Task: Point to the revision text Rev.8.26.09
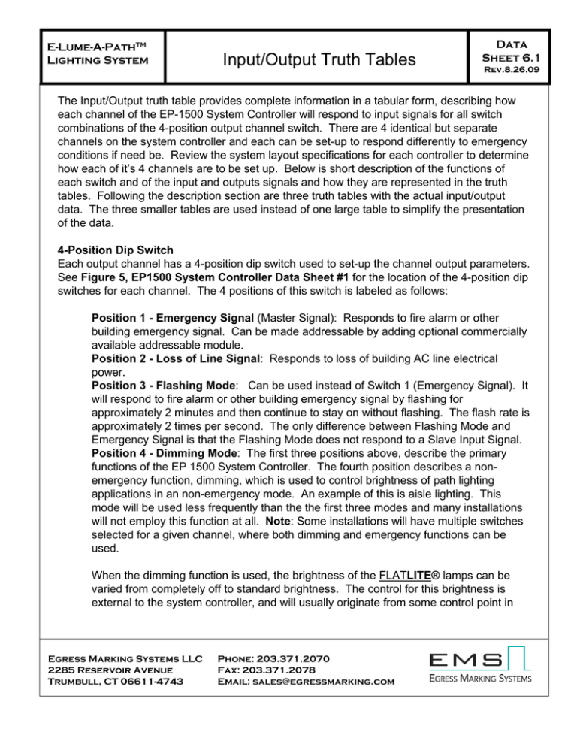tap(513, 74)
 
